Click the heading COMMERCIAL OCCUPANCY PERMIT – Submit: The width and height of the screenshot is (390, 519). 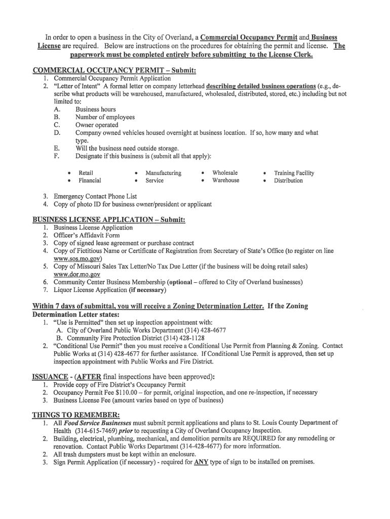114,70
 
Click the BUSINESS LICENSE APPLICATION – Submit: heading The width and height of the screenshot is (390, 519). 109,219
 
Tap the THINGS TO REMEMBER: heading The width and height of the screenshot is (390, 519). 76,415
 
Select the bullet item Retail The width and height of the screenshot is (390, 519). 86,173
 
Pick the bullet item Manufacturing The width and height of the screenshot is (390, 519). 163,173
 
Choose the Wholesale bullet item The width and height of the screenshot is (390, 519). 225,173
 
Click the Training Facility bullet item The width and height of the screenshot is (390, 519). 294,173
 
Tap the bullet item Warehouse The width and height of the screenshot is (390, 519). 226,180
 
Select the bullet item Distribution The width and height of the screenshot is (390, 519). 288,180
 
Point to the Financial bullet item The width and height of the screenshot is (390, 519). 90,180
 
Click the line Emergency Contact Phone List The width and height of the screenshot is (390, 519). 95,196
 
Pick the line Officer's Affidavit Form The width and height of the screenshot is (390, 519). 87,235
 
